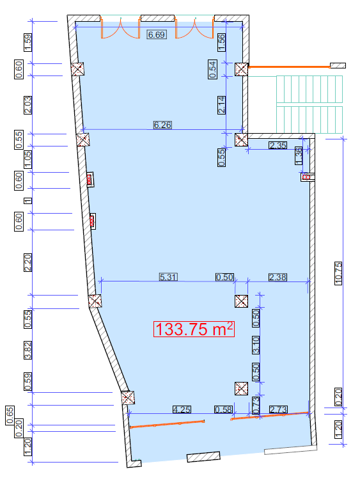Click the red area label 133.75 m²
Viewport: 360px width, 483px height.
[x=194, y=329]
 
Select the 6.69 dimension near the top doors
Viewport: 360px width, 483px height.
[x=157, y=35]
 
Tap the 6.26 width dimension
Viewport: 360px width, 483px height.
[x=162, y=125]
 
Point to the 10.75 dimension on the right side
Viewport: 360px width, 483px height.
[x=338, y=273]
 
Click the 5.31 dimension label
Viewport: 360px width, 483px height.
[x=168, y=277]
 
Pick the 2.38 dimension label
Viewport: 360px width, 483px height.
[x=278, y=277]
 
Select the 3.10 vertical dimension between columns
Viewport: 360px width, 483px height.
[x=256, y=345]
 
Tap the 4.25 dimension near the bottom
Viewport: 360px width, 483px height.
[x=182, y=409]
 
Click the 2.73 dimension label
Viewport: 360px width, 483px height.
[x=278, y=409]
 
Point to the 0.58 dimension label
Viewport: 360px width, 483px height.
[x=224, y=409]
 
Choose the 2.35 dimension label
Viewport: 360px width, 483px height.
[x=278, y=145]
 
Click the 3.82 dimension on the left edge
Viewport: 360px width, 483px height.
[x=27, y=350]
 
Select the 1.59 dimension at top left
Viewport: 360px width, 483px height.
[x=27, y=42]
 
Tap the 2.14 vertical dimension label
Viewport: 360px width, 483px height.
[x=221, y=105]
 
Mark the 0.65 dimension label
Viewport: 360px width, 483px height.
[x=10, y=415]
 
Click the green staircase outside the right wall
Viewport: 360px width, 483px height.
[x=309, y=104]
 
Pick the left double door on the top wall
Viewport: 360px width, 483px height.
[x=120, y=27]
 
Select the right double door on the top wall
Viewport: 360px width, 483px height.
[x=194, y=27]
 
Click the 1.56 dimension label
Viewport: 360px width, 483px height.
[x=221, y=42]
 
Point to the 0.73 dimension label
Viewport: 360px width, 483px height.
[x=256, y=405]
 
